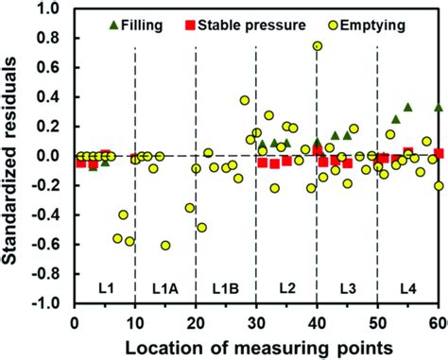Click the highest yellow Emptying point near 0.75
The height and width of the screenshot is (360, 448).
[318, 45]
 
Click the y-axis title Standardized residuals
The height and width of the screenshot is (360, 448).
[12, 156]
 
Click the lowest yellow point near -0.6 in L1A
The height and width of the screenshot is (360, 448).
[165, 245]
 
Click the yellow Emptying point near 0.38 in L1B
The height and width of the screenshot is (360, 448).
[245, 100]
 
